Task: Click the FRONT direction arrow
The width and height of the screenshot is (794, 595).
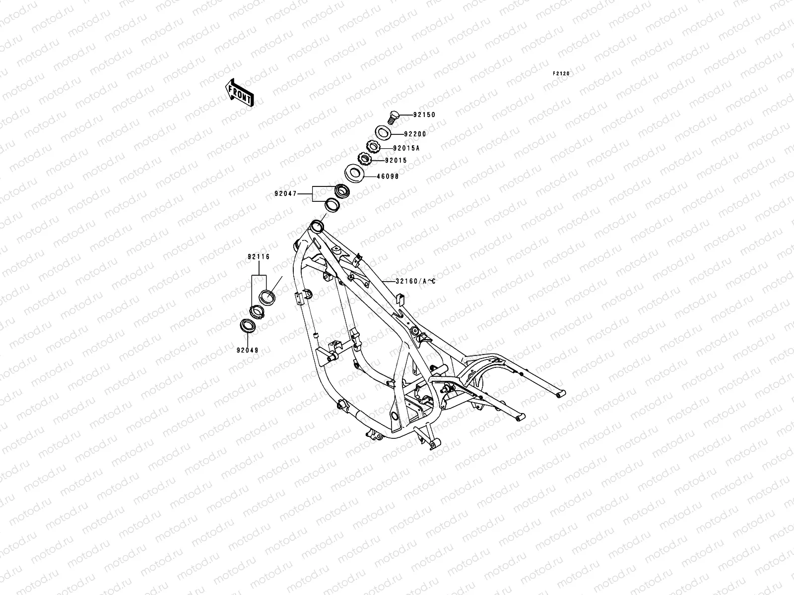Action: click(x=239, y=93)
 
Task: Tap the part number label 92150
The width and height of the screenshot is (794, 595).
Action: click(x=424, y=115)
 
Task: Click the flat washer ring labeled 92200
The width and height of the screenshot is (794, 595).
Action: click(x=383, y=133)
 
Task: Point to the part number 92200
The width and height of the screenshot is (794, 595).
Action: click(x=415, y=134)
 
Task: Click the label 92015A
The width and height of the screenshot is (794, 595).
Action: click(x=406, y=148)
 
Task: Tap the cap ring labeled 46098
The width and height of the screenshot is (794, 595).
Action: click(x=354, y=174)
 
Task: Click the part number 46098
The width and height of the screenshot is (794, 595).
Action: click(x=388, y=177)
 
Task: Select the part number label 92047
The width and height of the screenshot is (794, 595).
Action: click(x=285, y=194)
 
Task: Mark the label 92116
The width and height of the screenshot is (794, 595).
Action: click(x=259, y=257)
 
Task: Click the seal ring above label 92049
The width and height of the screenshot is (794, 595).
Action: click(x=248, y=326)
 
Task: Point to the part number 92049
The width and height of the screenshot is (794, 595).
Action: click(x=248, y=350)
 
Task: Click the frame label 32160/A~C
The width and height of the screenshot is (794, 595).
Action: click(x=416, y=281)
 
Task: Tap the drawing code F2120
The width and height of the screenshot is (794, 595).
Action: click(x=561, y=74)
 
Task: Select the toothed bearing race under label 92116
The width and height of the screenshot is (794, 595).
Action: click(x=257, y=312)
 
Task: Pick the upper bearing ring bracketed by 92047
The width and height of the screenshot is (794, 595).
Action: click(x=342, y=191)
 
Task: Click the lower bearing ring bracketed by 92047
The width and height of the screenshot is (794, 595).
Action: click(x=331, y=205)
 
